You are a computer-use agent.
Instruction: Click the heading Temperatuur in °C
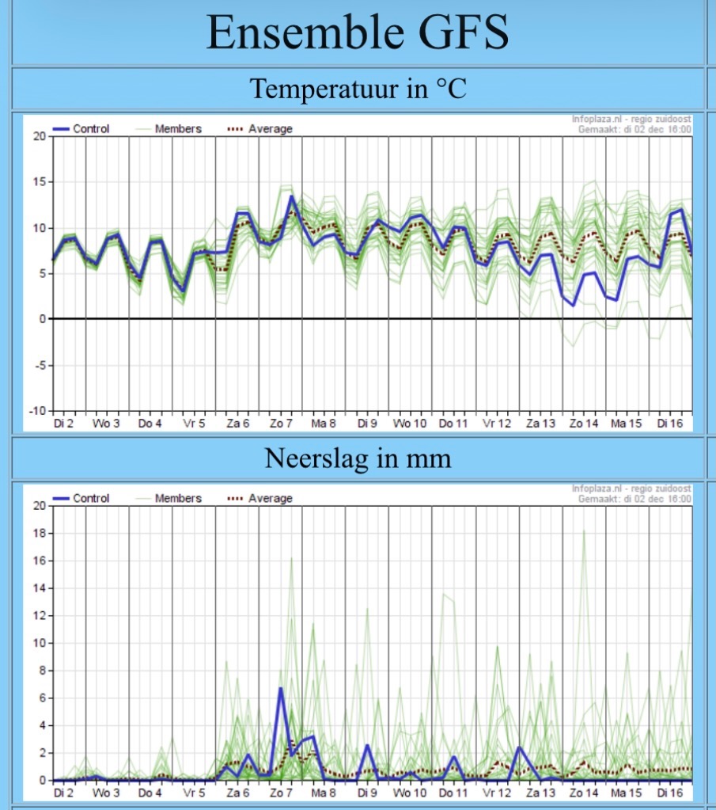tap(358, 89)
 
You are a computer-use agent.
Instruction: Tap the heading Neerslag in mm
tap(358, 458)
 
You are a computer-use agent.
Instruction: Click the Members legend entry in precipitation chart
tap(178, 499)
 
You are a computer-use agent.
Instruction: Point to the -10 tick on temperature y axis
tap(38, 411)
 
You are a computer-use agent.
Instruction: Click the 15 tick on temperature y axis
tap(40, 182)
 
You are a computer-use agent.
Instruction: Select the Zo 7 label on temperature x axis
tap(280, 424)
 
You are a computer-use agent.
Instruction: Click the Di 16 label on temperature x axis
tap(671, 424)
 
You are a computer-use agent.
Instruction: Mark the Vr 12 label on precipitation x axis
tap(497, 793)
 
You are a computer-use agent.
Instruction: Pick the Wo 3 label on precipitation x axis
tap(106, 793)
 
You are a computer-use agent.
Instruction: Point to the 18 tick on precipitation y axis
tap(40, 533)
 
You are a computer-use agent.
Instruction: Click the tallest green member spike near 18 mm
tap(584, 531)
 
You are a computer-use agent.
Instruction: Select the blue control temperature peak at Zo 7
tap(291, 196)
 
